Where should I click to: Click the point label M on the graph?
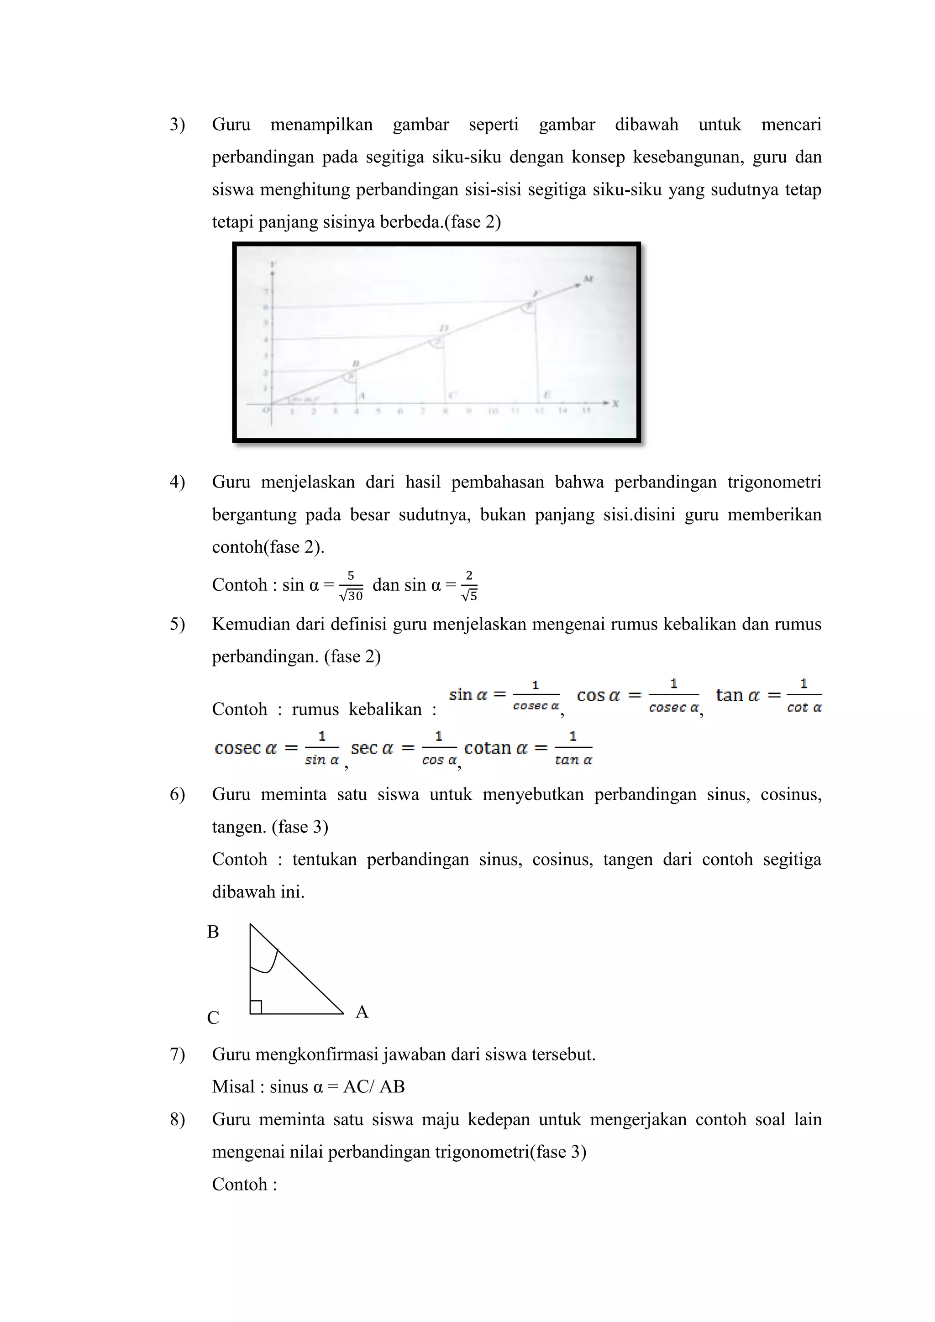tap(588, 279)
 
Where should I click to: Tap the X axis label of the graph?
tap(615, 404)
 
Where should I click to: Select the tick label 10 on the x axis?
tap(493, 411)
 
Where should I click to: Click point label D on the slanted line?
tap(443, 328)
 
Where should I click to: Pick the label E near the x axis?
tap(546, 395)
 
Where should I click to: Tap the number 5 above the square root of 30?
tap(351, 576)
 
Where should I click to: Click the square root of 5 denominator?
tap(470, 596)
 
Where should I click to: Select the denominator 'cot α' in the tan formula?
tap(804, 708)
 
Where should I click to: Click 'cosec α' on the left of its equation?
tap(246, 748)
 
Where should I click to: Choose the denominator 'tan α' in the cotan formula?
tap(573, 760)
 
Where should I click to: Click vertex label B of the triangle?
tap(213, 932)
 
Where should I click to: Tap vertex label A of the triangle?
tap(362, 1012)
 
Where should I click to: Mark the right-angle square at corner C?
tap(256, 1007)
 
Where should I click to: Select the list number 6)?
tap(177, 795)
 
